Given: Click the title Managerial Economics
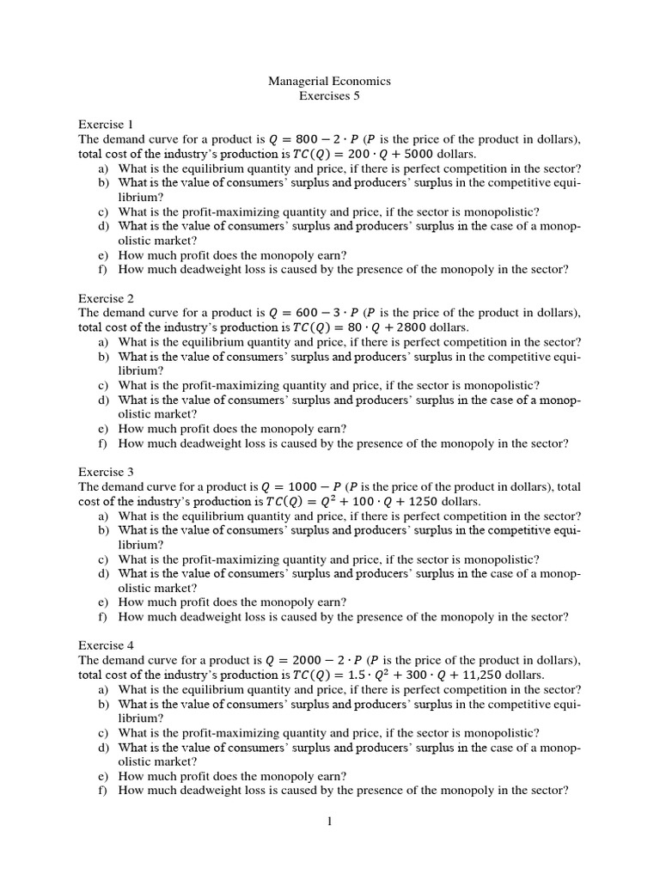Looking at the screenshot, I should [329, 81].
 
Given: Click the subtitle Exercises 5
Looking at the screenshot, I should [329, 96].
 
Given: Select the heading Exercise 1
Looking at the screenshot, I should [107, 124].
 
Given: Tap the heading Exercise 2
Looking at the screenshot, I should [107, 298].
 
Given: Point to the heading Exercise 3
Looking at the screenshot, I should [107, 472].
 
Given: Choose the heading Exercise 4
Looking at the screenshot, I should [107, 645].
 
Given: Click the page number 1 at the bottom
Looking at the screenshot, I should [328, 822].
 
